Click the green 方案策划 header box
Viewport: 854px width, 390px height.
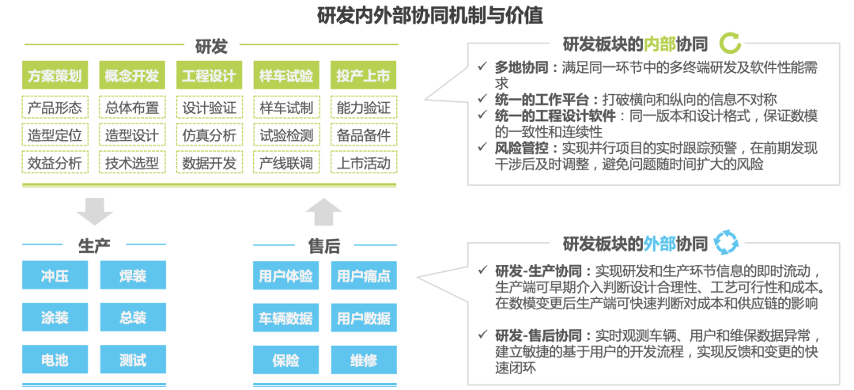pyautogui.click(x=55, y=77)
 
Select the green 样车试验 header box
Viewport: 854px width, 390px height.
pyautogui.click(x=286, y=77)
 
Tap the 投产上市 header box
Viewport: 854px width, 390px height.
pyautogui.click(x=364, y=77)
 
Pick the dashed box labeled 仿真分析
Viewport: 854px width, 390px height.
pyautogui.click(x=210, y=135)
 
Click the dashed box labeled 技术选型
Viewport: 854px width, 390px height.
pyautogui.click(x=132, y=163)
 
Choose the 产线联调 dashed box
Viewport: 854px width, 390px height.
pyautogui.click(x=286, y=163)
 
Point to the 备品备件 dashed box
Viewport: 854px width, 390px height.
pyautogui.click(x=364, y=135)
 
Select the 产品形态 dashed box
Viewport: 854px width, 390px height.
pyautogui.click(x=55, y=108)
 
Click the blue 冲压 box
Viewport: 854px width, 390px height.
pyautogui.click(x=55, y=276)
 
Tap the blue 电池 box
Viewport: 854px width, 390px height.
pyautogui.click(x=55, y=360)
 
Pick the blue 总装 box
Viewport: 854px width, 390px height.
pyautogui.click(x=133, y=318)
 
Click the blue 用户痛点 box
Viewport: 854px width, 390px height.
pyautogui.click(x=364, y=276)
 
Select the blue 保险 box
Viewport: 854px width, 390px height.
pyautogui.click(x=286, y=360)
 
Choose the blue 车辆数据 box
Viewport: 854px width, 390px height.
pyautogui.click(x=286, y=318)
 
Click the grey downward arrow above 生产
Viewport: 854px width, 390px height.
pyautogui.click(x=95, y=211)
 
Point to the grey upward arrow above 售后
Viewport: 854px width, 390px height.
pyautogui.click(x=324, y=211)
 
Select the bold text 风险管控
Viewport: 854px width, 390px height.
pyautogui.click(x=523, y=147)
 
